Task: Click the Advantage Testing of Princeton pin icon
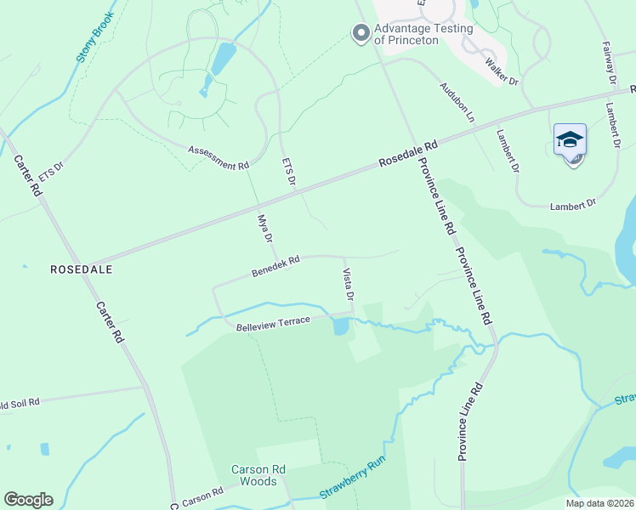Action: click(x=361, y=33)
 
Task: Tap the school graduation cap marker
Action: click(x=570, y=141)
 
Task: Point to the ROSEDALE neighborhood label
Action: click(x=82, y=269)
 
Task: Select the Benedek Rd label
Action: click(x=276, y=267)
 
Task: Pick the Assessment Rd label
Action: click(x=219, y=157)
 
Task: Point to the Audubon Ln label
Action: click(x=457, y=101)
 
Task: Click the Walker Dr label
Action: click(x=502, y=71)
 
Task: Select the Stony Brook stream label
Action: click(x=94, y=38)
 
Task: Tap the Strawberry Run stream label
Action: click(x=353, y=481)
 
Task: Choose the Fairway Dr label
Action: click(x=609, y=62)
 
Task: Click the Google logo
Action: click(x=29, y=500)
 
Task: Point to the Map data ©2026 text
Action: click(x=599, y=502)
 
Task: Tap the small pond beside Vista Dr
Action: click(x=341, y=326)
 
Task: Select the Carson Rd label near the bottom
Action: click(x=202, y=496)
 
